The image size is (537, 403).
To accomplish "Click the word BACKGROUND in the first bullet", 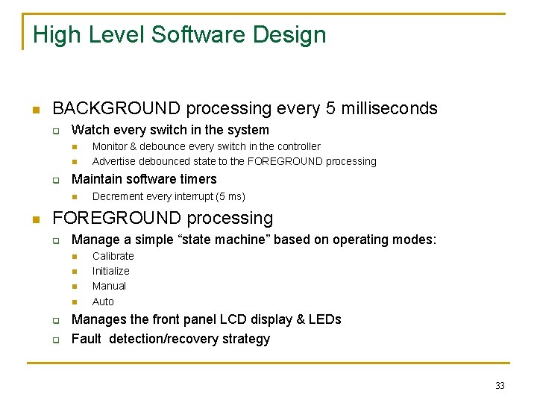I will click(x=116, y=108).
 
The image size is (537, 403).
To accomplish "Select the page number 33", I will click(x=500, y=386).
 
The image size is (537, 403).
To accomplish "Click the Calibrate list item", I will click(x=113, y=256).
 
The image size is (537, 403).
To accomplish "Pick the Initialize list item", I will click(x=110, y=271).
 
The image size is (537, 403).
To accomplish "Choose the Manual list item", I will click(x=109, y=286).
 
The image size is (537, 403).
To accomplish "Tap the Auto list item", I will click(x=103, y=302).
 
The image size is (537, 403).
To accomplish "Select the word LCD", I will click(x=233, y=319).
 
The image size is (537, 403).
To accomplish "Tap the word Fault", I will click(x=86, y=339).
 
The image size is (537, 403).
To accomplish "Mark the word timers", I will click(x=198, y=179).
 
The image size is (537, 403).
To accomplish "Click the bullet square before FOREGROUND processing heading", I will click(x=35, y=219).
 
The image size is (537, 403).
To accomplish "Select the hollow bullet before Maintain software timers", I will click(x=55, y=180).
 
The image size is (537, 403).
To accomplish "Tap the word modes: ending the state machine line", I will click(x=417, y=240).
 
